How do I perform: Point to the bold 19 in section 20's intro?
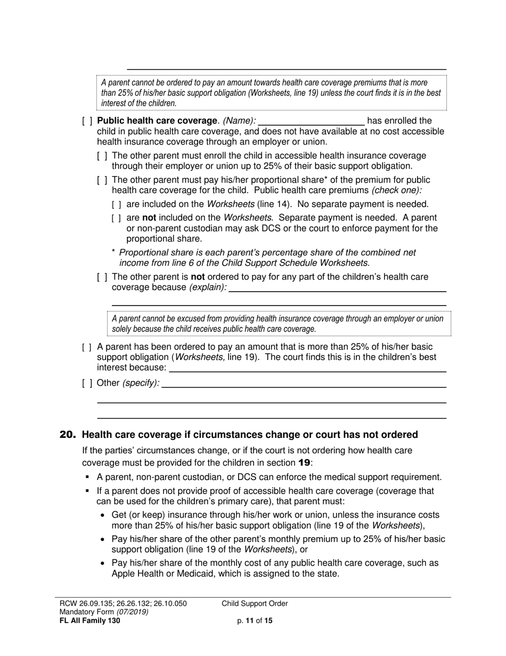click(x=304, y=462)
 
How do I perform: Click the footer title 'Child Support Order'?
click(x=255, y=604)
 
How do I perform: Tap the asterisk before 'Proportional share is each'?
click(x=113, y=252)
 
